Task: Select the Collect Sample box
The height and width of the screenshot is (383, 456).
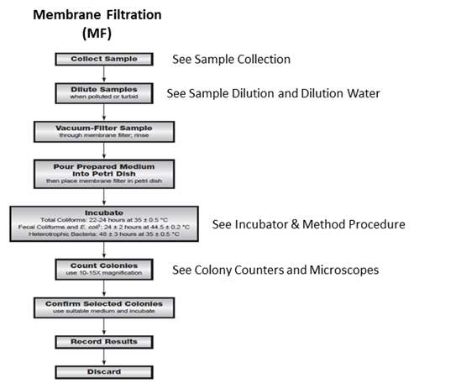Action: pos(103,59)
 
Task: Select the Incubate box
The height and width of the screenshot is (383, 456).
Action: pos(103,224)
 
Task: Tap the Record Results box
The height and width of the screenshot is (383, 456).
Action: pos(103,343)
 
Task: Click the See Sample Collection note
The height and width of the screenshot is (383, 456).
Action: pos(230,60)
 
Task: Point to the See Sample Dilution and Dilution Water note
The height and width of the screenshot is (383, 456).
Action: pos(274,93)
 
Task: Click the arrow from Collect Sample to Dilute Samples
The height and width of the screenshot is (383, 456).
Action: pos(103,74)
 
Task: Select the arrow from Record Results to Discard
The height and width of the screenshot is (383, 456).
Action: pos(103,357)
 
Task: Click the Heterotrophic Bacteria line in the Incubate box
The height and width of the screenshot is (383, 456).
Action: pos(103,238)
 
